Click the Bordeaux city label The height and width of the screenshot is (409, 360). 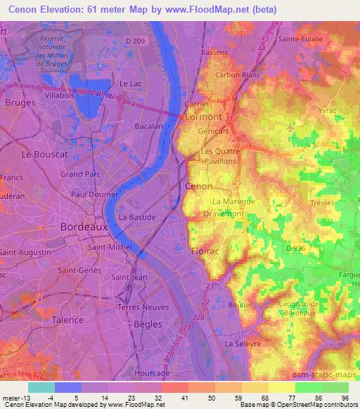pos(84,227)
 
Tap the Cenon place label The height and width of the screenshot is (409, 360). pos(198,186)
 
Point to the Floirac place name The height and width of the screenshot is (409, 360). pos(207,250)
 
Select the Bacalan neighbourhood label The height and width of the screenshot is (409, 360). pos(148,126)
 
